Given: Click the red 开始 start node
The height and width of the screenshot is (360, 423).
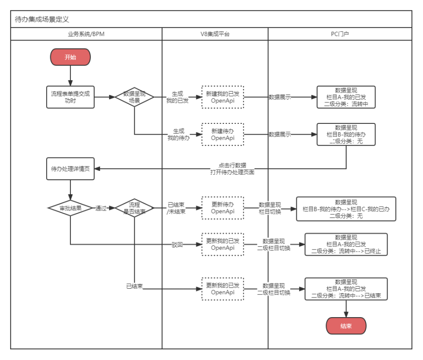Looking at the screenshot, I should click(70, 57).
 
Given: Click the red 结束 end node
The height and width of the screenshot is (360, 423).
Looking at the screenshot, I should click(346, 326).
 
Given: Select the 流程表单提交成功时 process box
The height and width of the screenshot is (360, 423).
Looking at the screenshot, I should click(70, 97).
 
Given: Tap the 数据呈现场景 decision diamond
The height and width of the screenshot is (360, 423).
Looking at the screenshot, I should click(134, 97).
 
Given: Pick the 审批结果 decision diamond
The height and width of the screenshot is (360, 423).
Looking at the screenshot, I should click(70, 208).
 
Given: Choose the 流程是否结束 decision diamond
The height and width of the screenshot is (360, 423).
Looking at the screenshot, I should click(134, 208).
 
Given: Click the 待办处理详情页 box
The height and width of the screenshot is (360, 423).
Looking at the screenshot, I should click(70, 169).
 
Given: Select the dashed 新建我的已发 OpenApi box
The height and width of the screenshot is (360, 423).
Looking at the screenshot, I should click(223, 97).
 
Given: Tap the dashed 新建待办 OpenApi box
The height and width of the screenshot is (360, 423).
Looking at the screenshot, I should click(223, 135).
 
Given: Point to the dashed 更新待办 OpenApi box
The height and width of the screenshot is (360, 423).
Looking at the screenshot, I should click(223, 208).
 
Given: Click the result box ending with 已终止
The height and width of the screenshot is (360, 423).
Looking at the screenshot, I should click(346, 245).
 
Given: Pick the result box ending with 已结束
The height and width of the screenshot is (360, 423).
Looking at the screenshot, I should click(346, 289).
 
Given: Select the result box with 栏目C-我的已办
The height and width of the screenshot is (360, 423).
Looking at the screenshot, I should click(346, 209).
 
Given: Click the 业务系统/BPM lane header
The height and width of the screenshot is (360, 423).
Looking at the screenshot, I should click(86, 34).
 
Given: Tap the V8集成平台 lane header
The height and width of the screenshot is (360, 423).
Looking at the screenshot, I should click(215, 34).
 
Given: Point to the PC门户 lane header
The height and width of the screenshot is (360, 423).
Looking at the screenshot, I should click(340, 34).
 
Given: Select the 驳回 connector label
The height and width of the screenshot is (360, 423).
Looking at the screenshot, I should click(177, 244).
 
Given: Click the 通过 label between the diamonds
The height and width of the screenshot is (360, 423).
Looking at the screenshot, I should click(102, 208).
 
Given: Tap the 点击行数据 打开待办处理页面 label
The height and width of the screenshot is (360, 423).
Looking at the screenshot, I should click(232, 169).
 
